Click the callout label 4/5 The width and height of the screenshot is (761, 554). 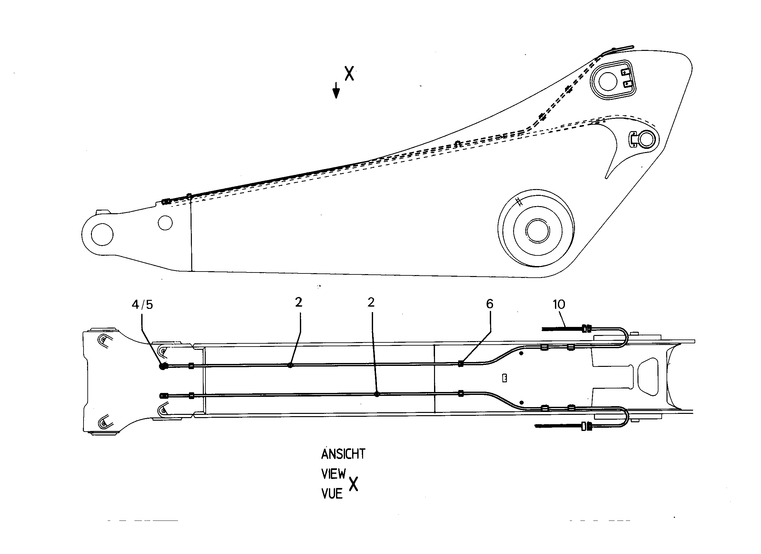142,304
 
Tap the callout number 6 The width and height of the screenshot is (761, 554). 490,304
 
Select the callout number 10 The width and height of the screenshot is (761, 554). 559,304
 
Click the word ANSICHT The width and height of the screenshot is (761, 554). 343,454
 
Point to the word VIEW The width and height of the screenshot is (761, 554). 333,474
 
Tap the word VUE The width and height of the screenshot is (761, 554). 332,494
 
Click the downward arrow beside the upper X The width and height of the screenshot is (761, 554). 336,90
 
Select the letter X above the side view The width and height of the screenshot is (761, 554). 350,73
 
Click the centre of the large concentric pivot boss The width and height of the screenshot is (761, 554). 537,230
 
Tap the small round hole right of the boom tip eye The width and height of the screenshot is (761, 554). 165,223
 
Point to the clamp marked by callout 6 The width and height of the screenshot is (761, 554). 460,364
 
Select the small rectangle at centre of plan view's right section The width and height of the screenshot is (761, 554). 504,378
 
